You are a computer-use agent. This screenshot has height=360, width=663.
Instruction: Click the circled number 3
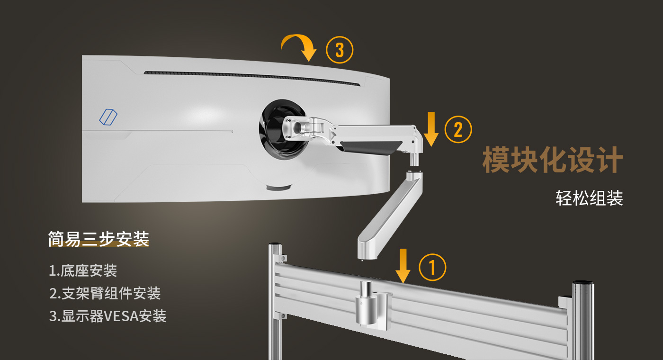[x=340, y=50]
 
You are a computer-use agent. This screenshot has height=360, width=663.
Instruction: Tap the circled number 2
[x=458, y=129]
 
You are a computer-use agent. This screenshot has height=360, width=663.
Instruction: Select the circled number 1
[x=432, y=267]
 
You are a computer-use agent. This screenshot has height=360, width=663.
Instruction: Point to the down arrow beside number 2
[x=431, y=129]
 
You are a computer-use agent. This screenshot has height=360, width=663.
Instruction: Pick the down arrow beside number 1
[x=403, y=266]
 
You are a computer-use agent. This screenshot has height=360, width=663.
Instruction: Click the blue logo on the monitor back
[x=108, y=117]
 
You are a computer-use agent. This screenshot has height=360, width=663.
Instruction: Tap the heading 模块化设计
[x=553, y=160]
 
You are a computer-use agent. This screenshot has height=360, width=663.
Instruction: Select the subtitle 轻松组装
[x=589, y=198]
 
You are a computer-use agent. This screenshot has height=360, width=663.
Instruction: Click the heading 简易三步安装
[x=99, y=239]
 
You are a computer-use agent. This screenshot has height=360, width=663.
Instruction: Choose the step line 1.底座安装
[x=83, y=270]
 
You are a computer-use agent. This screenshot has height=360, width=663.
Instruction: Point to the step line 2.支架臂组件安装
[x=105, y=293]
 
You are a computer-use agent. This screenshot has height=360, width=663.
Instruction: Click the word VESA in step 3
[x=121, y=316]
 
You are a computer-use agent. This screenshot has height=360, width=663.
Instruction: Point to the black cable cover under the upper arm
[x=370, y=148]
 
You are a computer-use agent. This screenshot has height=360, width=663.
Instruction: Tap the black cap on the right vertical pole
[x=583, y=283]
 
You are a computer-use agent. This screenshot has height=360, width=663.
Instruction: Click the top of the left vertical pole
[x=275, y=244]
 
